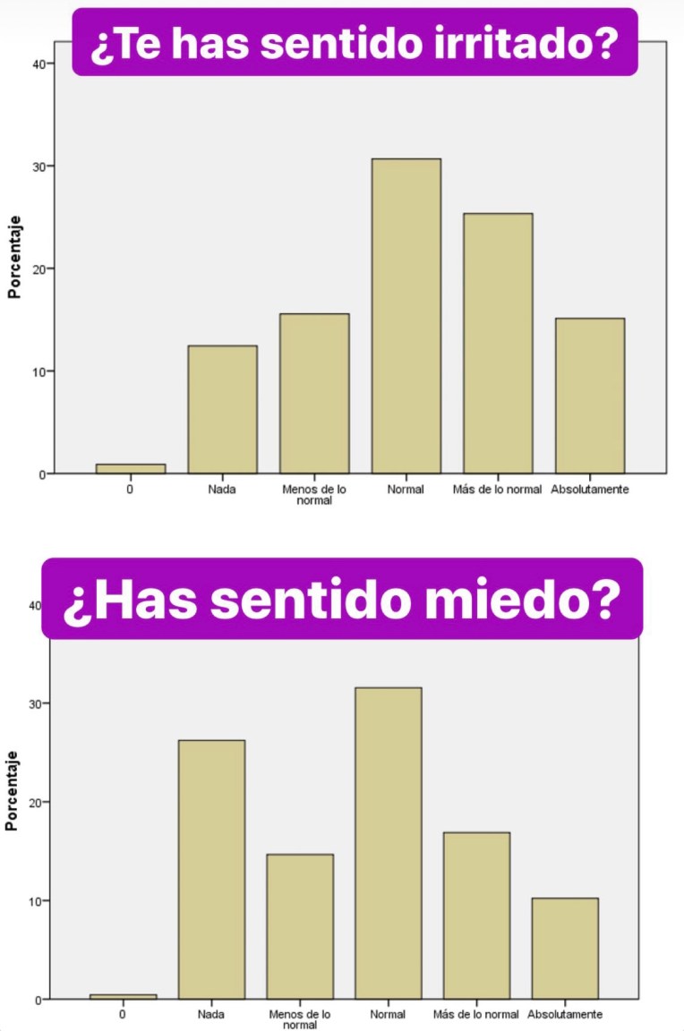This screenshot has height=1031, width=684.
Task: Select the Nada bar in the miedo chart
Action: [211, 869]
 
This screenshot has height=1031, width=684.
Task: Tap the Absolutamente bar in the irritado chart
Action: [589, 396]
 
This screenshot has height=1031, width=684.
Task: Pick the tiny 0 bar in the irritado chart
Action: [131, 468]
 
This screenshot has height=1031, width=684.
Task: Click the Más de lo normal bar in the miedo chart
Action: [475, 916]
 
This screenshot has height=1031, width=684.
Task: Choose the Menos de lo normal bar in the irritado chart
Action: [314, 394]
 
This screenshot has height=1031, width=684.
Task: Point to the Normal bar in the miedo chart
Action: [388, 843]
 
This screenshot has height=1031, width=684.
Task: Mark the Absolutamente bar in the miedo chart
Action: [564, 948]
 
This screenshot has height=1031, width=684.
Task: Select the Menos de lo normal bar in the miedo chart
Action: [300, 926]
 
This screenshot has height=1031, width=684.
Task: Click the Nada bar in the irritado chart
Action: [222, 409]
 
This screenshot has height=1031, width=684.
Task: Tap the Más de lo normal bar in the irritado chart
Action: [498, 344]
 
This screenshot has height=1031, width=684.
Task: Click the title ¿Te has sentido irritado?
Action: [355, 42]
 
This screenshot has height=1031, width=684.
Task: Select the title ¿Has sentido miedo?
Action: [342, 599]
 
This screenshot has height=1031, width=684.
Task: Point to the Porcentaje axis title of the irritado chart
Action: [15, 256]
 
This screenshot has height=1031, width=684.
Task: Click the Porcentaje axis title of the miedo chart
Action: [12, 791]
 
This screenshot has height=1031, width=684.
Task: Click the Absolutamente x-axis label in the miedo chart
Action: [565, 1014]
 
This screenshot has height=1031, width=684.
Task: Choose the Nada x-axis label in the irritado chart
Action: [222, 490]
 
